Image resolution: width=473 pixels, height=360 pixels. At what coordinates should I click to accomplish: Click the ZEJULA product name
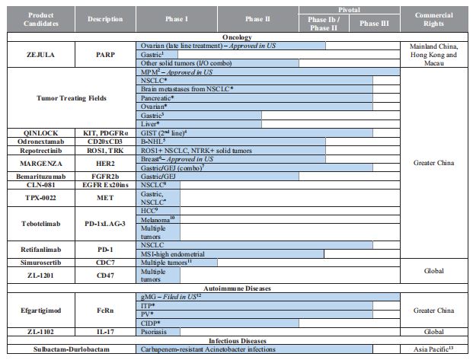tap(39, 55)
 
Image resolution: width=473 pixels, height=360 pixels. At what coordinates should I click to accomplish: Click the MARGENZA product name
tap(39, 162)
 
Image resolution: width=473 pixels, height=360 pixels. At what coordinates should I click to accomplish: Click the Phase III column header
tap(374, 24)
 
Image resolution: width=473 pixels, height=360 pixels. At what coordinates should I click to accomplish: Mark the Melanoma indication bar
tap(158, 218)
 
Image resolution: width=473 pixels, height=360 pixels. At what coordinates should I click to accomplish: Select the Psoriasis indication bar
tap(158, 332)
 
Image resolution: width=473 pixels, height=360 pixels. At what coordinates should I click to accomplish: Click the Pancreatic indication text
tap(158, 98)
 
